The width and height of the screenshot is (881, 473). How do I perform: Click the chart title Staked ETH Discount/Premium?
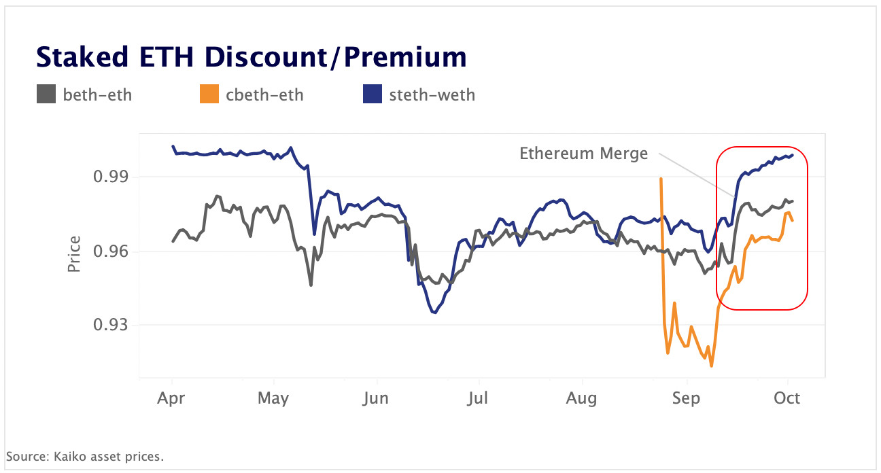[251, 57]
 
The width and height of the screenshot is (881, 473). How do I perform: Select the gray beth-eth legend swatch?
[46, 94]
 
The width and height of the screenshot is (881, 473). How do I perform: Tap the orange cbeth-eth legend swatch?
[209, 94]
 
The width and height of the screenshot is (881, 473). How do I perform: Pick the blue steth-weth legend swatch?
[372, 94]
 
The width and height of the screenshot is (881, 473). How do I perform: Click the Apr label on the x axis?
[171, 398]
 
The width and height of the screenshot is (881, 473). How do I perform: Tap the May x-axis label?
[273, 398]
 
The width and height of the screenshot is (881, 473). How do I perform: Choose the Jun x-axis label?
[376, 398]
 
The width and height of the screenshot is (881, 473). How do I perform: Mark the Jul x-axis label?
[479, 398]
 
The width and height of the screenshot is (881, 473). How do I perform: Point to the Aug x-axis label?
[581, 398]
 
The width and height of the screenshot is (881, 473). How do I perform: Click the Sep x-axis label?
[685, 398]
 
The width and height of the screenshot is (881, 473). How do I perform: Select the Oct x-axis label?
[787, 398]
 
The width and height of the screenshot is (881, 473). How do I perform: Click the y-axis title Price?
[74, 253]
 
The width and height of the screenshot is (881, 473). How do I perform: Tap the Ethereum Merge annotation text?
[583, 154]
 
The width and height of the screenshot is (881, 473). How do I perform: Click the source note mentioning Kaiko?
[85, 456]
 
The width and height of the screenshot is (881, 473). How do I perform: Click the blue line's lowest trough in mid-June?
[434, 313]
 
